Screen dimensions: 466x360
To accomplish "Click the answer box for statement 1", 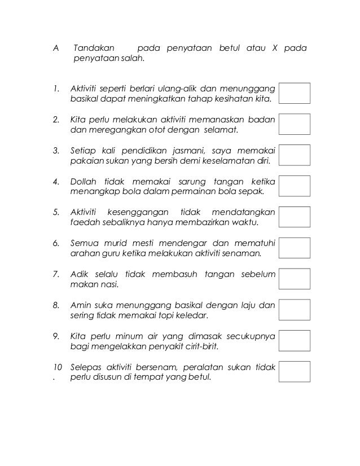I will click(x=295, y=93).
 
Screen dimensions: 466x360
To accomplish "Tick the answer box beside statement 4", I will click(x=295, y=186).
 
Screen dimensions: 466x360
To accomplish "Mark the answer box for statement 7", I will click(x=295, y=279).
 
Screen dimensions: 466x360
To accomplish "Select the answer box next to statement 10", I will click(x=295, y=372).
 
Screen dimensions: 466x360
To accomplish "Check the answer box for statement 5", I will click(x=295, y=217).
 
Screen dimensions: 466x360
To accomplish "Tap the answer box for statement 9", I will click(x=295, y=341).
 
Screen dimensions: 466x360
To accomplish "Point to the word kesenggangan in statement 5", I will click(x=133, y=213).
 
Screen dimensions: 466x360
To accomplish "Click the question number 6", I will click(x=55, y=244).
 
